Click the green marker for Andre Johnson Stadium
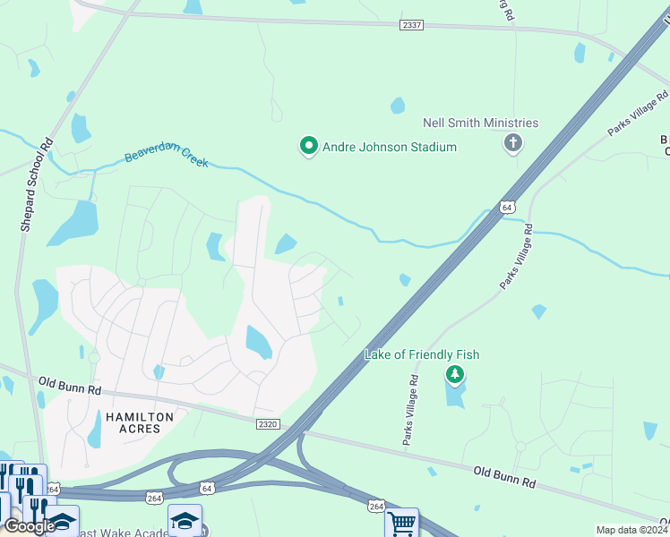pyautogui.click(x=309, y=146)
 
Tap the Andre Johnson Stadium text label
pyautogui.click(x=390, y=147)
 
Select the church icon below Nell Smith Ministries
pyautogui.click(x=513, y=142)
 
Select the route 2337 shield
pyautogui.click(x=411, y=26)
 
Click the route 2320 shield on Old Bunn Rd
pyautogui.click(x=268, y=423)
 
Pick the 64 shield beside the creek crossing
pyautogui.click(x=507, y=207)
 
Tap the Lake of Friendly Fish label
pyautogui.click(x=422, y=354)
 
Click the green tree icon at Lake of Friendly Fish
pyautogui.click(x=455, y=374)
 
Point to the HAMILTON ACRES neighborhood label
pyautogui.click(x=133, y=422)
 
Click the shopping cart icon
pyautogui.click(x=402, y=522)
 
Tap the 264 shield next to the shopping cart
pyautogui.click(x=375, y=506)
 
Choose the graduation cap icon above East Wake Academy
pyautogui.click(x=185, y=520)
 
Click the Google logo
pyautogui.click(x=30, y=527)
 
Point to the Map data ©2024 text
pyautogui.click(x=631, y=530)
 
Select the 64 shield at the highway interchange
pyautogui.click(x=208, y=488)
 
